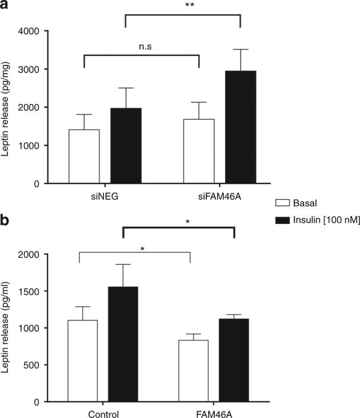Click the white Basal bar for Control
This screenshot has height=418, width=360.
coord(83,360)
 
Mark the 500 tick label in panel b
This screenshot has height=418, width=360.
coord(31,365)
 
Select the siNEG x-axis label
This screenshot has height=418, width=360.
coord(104,195)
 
